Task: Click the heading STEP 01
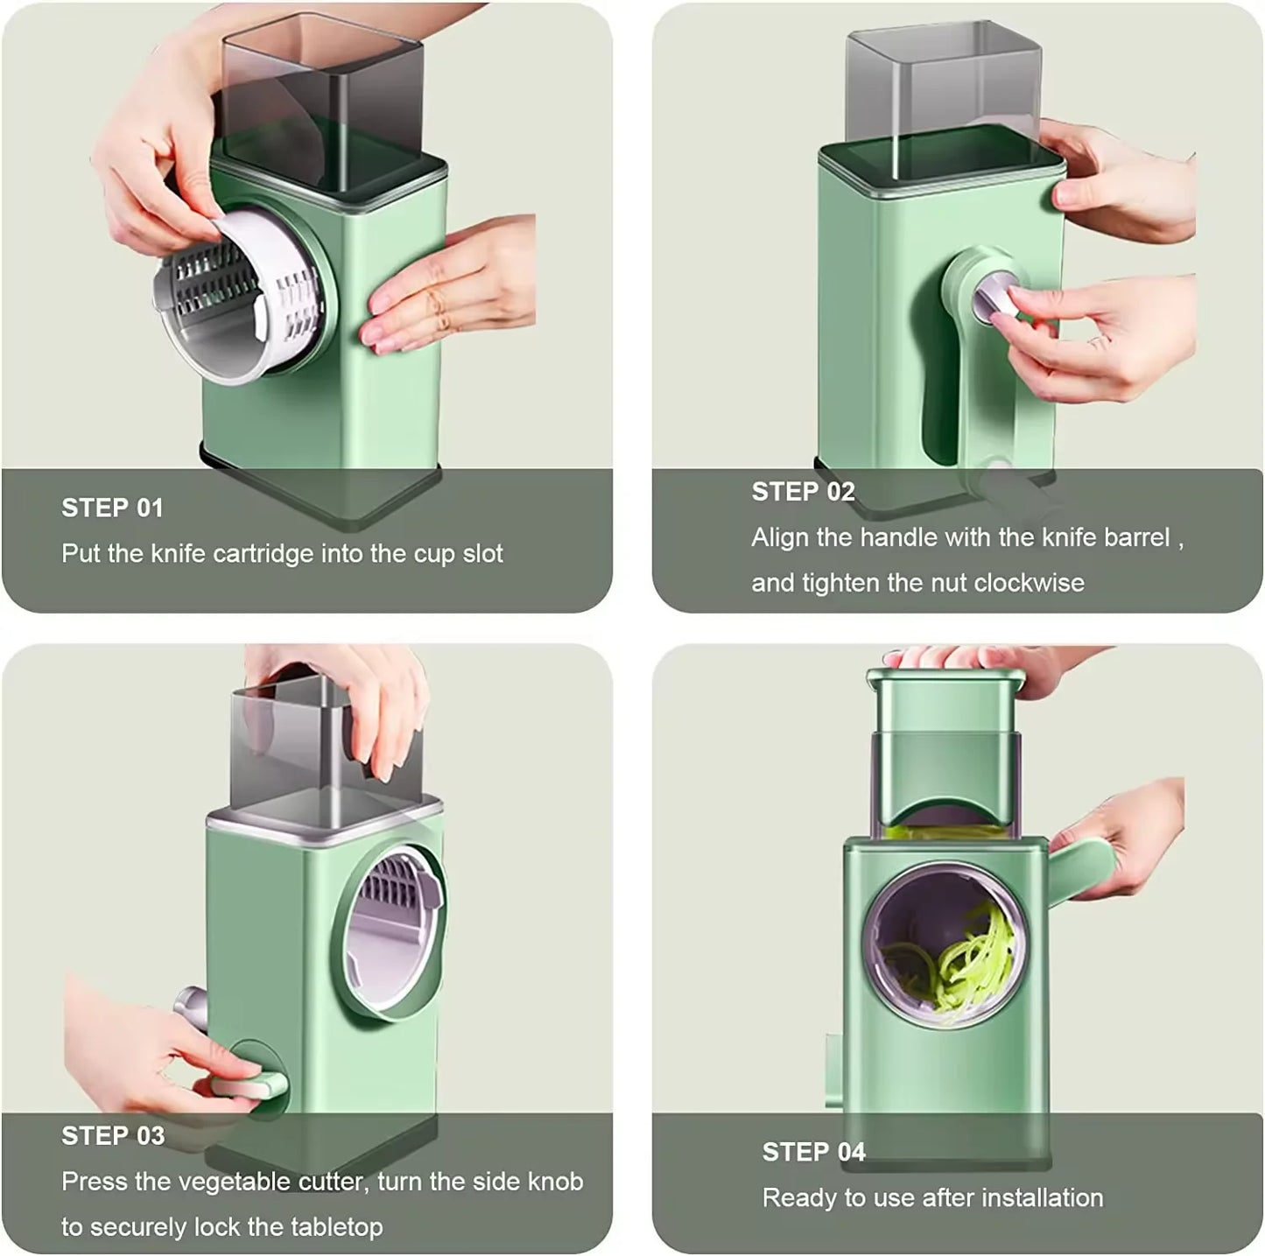(x=112, y=508)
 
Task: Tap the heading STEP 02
(x=803, y=492)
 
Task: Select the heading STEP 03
(x=113, y=1135)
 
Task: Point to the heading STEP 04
(x=813, y=1152)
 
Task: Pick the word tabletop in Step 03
(x=328, y=1227)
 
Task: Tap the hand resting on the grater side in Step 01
(x=446, y=289)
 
